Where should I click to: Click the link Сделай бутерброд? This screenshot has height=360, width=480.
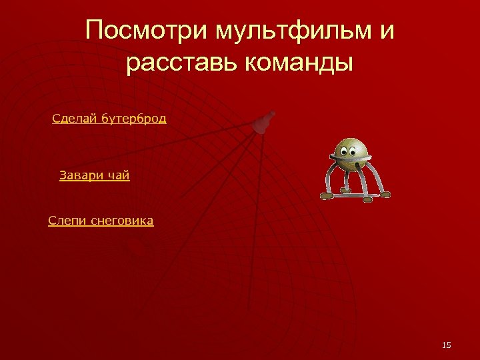(x=109, y=119)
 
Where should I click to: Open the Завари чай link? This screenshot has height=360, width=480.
(x=94, y=176)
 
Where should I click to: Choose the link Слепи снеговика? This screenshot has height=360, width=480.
(x=101, y=221)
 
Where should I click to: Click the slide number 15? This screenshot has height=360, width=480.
(x=447, y=345)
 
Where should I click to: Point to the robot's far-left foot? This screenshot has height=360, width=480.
(x=327, y=197)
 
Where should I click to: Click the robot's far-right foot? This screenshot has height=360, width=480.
(x=384, y=195)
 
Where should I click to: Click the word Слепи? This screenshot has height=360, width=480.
(x=64, y=221)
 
